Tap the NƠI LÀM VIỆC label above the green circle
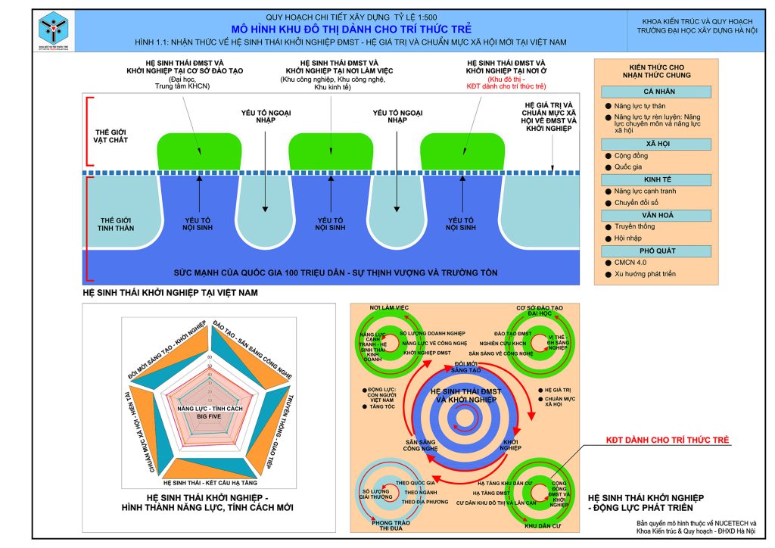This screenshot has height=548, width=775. pyautogui.click(x=389, y=308)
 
